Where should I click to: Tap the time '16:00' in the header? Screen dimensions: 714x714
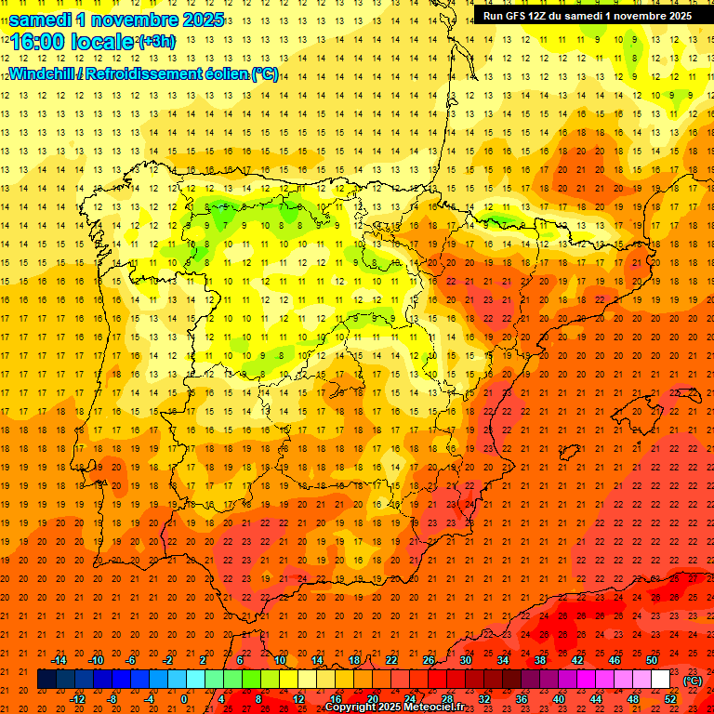point(36,42)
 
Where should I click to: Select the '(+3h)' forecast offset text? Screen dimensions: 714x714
point(155,42)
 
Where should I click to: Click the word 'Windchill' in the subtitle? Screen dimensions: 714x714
point(41,73)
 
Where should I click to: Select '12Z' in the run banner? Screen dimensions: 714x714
point(547,16)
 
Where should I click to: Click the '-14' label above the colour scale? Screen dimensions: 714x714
point(59,660)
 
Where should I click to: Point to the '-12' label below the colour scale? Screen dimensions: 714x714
point(77,699)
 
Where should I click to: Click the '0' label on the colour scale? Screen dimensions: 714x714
point(184,699)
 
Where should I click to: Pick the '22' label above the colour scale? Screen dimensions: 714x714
point(391,660)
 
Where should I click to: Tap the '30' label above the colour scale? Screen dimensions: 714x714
point(466,660)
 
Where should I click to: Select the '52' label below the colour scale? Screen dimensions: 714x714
point(670,699)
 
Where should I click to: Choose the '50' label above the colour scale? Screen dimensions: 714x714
point(652,660)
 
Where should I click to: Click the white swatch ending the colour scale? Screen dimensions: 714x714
point(660,680)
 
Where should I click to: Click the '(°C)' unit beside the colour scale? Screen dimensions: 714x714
point(693,681)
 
